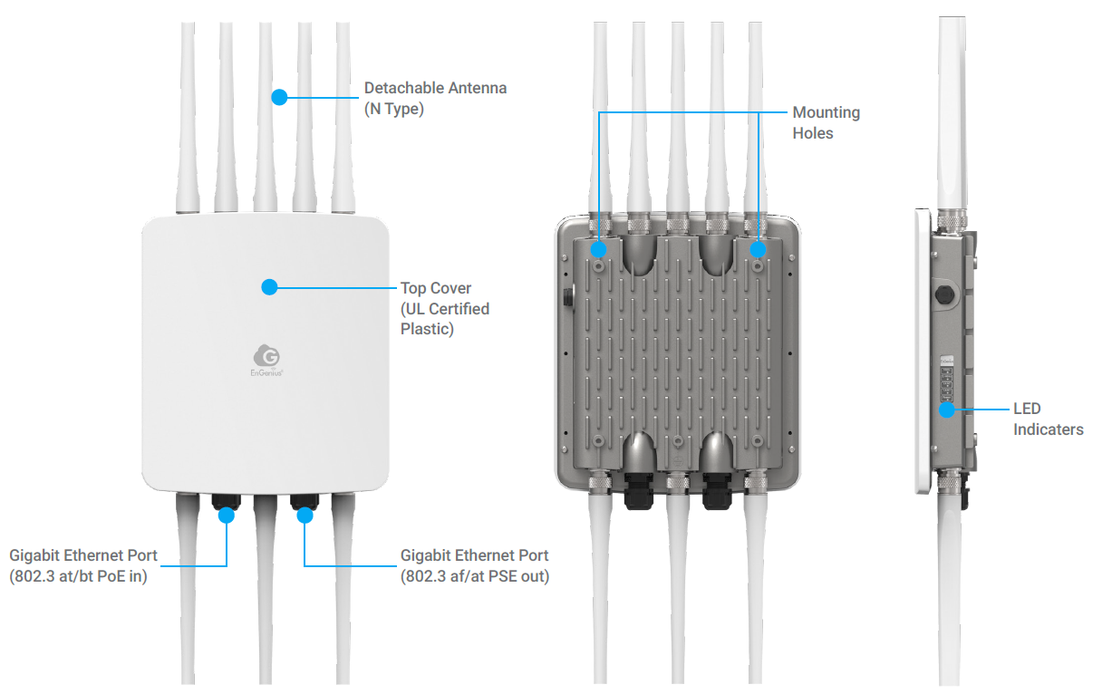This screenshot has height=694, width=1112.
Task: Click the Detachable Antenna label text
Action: (435, 89)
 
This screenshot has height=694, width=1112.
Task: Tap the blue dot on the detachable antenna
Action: (279, 96)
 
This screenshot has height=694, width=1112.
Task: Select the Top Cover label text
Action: (436, 288)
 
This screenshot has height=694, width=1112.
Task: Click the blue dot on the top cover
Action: (269, 287)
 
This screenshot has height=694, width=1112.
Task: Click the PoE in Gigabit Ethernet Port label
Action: (83, 565)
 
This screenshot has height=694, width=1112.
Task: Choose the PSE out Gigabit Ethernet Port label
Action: (474, 565)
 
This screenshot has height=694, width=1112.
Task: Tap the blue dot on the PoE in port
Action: (226, 516)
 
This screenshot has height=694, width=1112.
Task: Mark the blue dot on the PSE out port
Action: (305, 516)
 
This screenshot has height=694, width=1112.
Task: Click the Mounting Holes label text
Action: (826, 122)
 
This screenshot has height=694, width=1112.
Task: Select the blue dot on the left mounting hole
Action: (599, 247)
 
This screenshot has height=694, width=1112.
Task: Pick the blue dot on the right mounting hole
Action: (759, 247)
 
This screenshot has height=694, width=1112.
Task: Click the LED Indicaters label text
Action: (1048, 419)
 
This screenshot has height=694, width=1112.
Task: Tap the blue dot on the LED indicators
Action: (947, 410)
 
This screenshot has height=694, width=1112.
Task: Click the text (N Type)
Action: (394, 110)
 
